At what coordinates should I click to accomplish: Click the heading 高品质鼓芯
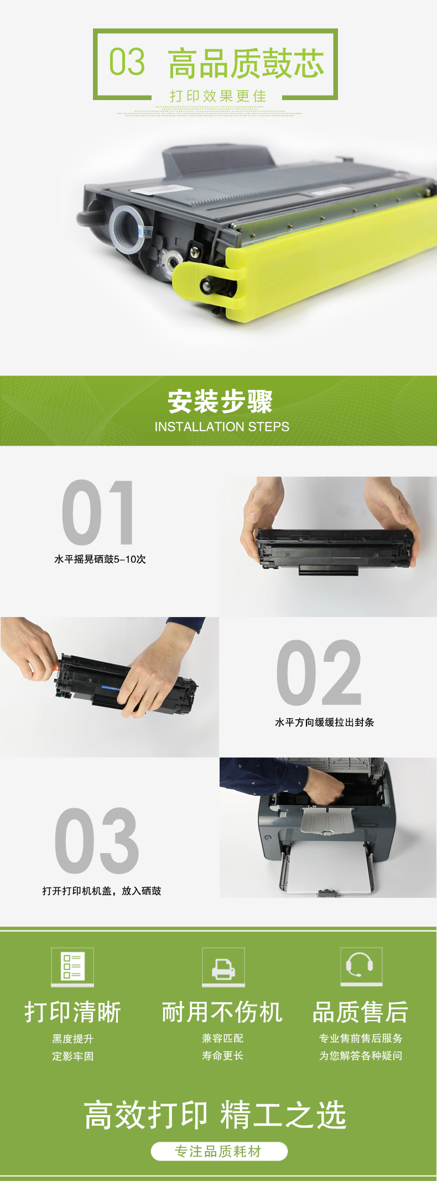tap(246, 63)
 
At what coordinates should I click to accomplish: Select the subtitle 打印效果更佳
tap(218, 96)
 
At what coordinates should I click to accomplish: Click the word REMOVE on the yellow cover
tap(282, 274)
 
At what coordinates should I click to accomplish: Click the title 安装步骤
tap(220, 401)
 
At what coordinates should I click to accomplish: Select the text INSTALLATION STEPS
tap(222, 427)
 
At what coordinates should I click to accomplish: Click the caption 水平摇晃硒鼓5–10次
tap(100, 559)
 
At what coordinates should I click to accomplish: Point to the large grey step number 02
tap(319, 673)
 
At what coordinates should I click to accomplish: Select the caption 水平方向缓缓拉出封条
tap(325, 722)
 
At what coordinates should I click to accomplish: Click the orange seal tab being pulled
tap(56, 667)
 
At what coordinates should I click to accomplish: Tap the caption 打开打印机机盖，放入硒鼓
tap(102, 891)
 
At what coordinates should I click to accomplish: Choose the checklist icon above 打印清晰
tap(72, 966)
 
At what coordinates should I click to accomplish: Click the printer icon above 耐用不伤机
tap(223, 966)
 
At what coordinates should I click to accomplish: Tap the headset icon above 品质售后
tap(361, 965)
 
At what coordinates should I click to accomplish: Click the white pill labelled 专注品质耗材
tap(219, 1151)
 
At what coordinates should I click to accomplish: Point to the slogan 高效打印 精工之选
tap(215, 1115)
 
